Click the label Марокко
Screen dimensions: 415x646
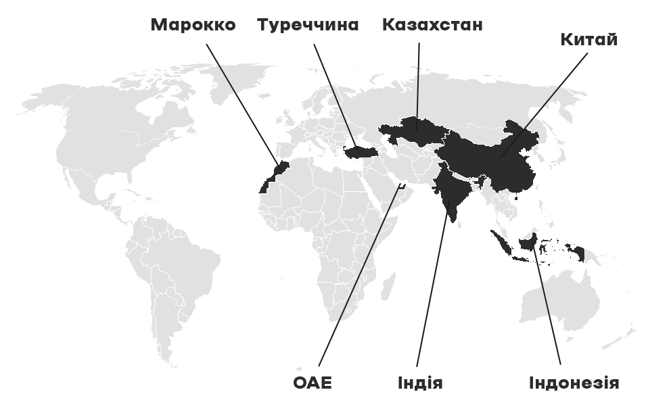[193, 25]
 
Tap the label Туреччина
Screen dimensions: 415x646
[308, 25]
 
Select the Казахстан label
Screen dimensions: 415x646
[432, 25]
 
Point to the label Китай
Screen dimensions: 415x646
[589, 39]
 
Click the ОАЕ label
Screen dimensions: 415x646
[313, 383]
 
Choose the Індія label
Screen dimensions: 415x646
[421, 383]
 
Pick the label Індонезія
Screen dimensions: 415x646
[574, 383]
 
